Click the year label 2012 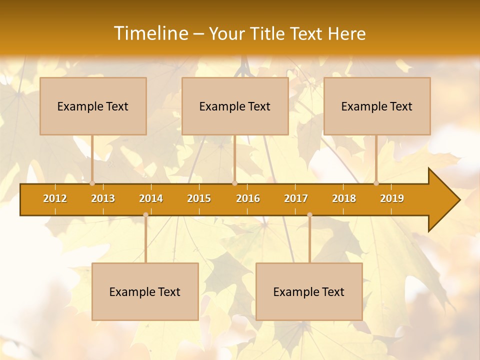55,198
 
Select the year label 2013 103,198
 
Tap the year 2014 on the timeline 151,198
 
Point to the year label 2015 199,198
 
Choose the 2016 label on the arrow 248,198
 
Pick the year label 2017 296,198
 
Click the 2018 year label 344,198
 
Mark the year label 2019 392,198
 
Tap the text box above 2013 93,106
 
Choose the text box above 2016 235,106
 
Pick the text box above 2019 377,106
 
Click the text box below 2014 145,291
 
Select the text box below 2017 309,291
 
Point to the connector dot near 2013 92,183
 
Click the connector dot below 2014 145,214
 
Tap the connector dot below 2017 309,214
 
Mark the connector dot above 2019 376,183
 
